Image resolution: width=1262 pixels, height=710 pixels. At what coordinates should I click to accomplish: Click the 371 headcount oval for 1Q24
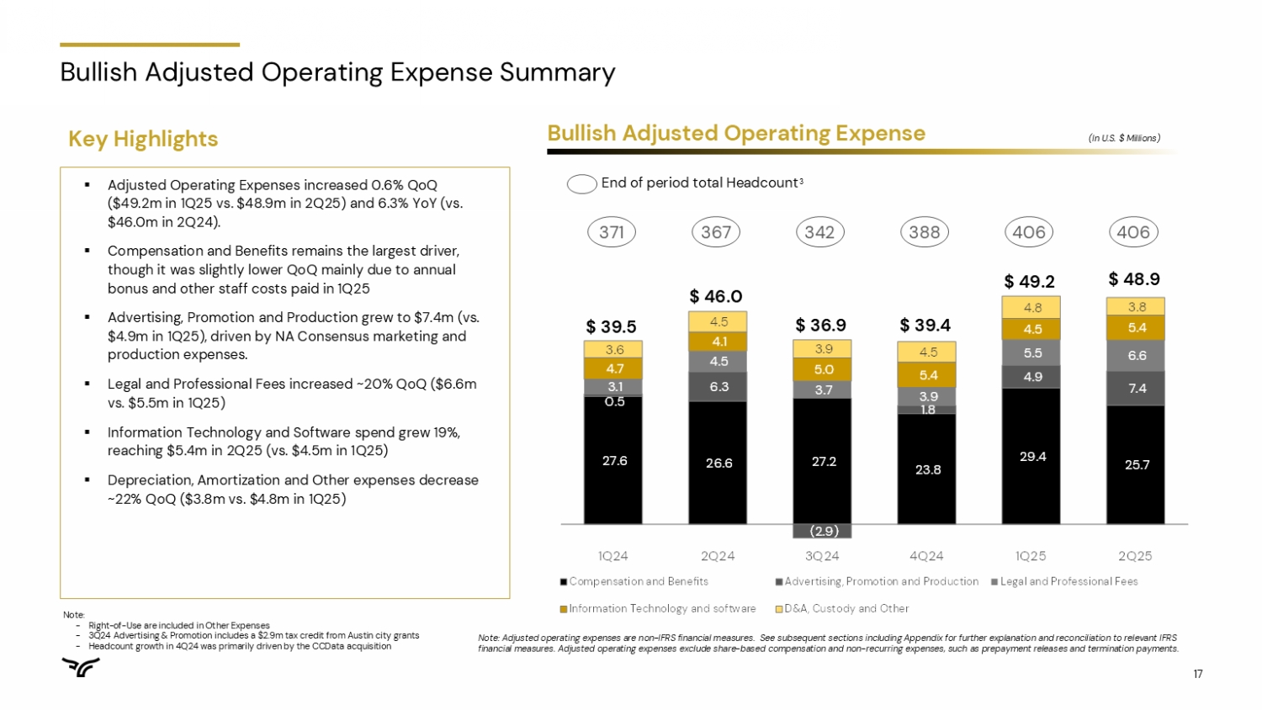pyautogui.click(x=612, y=232)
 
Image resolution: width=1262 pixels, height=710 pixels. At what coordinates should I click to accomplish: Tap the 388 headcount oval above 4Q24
pyautogui.click(x=925, y=232)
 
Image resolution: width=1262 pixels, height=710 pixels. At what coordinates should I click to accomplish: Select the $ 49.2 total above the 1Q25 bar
pyautogui.click(x=1030, y=281)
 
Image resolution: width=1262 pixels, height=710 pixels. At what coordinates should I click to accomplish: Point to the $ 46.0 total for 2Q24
pyautogui.click(x=716, y=296)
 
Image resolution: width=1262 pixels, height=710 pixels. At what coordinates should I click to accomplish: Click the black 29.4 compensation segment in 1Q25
pyautogui.click(x=1031, y=456)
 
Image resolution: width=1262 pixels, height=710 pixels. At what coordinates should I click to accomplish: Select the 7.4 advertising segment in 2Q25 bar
pyautogui.click(x=1136, y=389)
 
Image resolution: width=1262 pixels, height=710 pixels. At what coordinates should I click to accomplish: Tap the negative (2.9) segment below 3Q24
pyautogui.click(x=824, y=531)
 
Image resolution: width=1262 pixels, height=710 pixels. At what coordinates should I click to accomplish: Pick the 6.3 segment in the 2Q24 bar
pyautogui.click(x=718, y=387)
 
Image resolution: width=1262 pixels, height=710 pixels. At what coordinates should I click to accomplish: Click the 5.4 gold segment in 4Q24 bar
pyautogui.click(x=927, y=375)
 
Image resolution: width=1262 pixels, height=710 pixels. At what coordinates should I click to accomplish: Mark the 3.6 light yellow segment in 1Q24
pyautogui.click(x=614, y=350)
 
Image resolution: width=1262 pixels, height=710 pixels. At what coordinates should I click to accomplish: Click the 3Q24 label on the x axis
pyautogui.click(x=822, y=556)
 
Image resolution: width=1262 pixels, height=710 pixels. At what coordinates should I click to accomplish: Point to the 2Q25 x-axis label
pyautogui.click(x=1135, y=556)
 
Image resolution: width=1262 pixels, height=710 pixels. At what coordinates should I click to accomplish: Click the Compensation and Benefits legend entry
pyautogui.click(x=634, y=581)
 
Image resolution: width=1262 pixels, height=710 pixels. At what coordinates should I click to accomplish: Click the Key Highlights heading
pyautogui.click(x=143, y=139)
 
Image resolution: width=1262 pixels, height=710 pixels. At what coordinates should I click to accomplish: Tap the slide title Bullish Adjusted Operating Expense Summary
pyautogui.click(x=337, y=72)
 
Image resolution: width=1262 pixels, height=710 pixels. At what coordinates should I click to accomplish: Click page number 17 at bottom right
pyautogui.click(x=1198, y=674)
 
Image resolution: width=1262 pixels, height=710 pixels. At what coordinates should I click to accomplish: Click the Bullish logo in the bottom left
pyautogui.click(x=81, y=667)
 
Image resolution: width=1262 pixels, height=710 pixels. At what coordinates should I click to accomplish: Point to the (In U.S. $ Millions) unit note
pyautogui.click(x=1124, y=138)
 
